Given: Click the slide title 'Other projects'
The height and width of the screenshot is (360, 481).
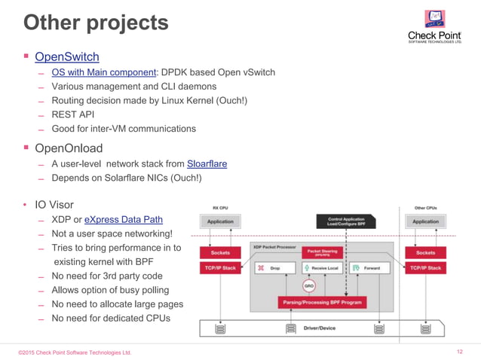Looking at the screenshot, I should tap(96, 23).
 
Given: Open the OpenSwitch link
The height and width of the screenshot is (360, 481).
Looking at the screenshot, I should tap(66, 56).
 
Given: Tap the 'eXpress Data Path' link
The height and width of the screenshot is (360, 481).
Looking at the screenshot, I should tap(123, 219).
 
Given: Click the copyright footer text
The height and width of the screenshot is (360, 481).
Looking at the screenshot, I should tap(75, 352).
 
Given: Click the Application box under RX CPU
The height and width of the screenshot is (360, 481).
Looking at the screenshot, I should tap(220, 221).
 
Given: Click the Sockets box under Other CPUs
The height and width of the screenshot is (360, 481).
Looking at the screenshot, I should tap(425, 253).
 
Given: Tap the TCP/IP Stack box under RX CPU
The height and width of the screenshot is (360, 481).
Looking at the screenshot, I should tap(220, 267).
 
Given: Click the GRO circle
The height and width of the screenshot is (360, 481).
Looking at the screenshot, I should tap(309, 285).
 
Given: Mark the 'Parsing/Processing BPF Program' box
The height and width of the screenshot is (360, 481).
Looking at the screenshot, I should tap(323, 303).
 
